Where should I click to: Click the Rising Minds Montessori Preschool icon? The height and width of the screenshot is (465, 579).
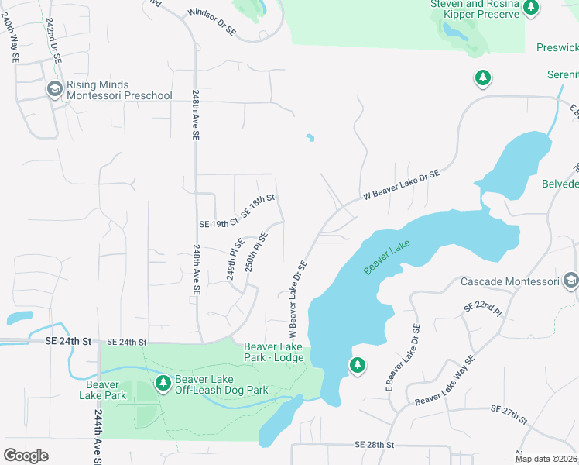coord(54,90)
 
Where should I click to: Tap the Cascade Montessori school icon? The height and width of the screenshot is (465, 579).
coord(570,281)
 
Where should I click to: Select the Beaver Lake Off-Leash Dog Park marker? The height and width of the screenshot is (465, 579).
coord(163,383)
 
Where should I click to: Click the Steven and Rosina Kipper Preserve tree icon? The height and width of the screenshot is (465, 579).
coord(530,8)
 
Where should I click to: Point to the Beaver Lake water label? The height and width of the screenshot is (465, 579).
coord(386,257)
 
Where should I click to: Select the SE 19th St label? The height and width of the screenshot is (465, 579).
coord(218,223)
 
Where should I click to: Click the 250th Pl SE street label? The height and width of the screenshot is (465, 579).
coord(256,251)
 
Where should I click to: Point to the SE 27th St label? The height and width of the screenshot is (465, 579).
coord(509,415)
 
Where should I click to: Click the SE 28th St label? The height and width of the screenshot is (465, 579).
coord(375,445)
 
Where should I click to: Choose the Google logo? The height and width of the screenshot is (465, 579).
coord(26,455)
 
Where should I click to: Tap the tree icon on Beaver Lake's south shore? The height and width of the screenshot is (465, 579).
coord(357,365)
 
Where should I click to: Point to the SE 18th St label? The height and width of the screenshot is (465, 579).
coord(258,206)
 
